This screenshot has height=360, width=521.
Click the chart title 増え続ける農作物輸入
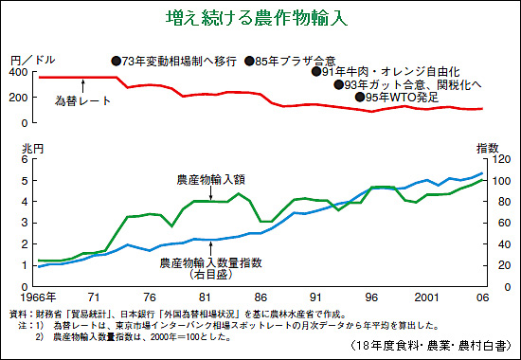pos(257,18)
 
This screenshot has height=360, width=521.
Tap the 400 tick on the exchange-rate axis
pos(21,72)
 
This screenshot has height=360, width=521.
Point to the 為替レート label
pos(82,100)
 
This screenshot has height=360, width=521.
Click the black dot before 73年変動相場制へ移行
pos(117,61)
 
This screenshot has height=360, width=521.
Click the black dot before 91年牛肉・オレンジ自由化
pos(316,71)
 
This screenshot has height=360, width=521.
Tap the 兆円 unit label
pos(32,149)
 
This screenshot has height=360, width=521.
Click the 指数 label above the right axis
pos(488,148)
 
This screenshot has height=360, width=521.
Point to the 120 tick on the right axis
pos(501,159)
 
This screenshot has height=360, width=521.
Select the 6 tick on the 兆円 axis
pos(25,159)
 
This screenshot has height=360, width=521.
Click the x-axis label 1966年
pos(38,297)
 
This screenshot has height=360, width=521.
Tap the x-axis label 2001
pos(426,297)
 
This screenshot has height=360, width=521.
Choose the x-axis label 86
pos(260,297)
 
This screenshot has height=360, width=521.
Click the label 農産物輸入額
pos(210,180)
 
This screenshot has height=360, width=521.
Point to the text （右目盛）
pos(210,275)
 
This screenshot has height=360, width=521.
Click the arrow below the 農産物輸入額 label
pos(210,193)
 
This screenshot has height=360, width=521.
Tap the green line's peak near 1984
pos(238,193)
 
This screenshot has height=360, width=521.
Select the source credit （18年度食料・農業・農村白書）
pos(430,346)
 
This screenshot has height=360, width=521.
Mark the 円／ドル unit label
pos(32,61)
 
